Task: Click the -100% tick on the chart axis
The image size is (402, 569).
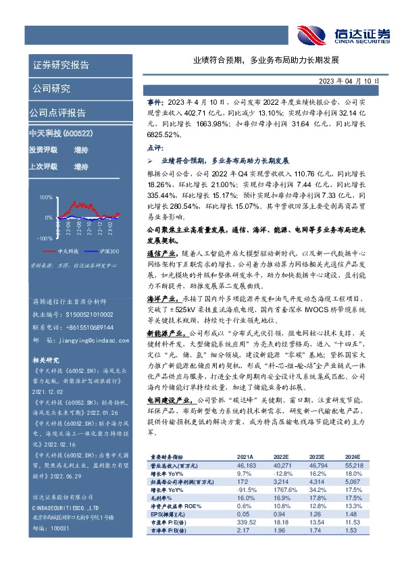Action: point(44,239)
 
